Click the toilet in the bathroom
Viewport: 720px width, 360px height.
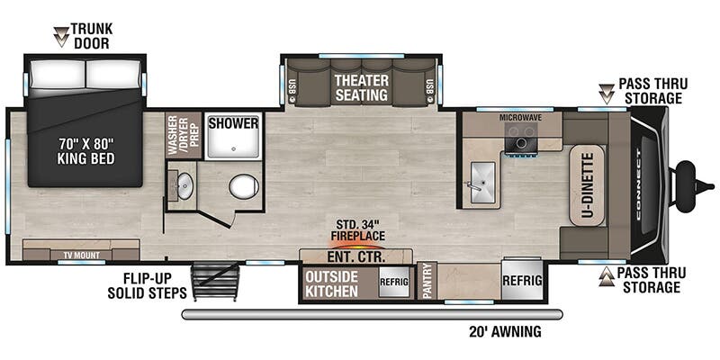click(x=244, y=186)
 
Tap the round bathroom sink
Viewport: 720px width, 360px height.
click(x=184, y=186)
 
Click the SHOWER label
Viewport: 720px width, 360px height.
click(x=233, y=123)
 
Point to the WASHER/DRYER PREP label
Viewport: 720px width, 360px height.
click(x=184, y=135)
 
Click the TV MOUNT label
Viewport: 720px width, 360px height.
click(x=81, y=256)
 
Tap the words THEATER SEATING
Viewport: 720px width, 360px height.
click(x=362, y=87)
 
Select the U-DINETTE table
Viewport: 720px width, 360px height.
click(x=588, y=185)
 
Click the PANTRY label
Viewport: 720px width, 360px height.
click(x=427, y=281)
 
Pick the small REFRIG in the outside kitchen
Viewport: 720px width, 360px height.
click(x=393, y=282)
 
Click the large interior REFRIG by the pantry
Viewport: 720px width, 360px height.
click(x=523, y=280)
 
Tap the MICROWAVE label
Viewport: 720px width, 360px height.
click(x=521, y=118)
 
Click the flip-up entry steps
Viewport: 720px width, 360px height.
click(x=215, y=281)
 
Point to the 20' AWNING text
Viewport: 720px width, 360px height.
click(x=505, y=331)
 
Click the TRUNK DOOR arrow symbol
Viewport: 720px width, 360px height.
click(x=60, y=37)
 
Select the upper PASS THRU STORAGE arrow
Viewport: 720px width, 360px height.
click(x=607, y=94)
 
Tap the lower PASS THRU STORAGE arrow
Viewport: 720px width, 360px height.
click(x=607, y=276)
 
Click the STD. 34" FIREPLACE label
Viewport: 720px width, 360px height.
click(x=358, y=230)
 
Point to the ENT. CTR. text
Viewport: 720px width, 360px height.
click(x=355, y=256)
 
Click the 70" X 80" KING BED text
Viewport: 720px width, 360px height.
click(x=85, y=151)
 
